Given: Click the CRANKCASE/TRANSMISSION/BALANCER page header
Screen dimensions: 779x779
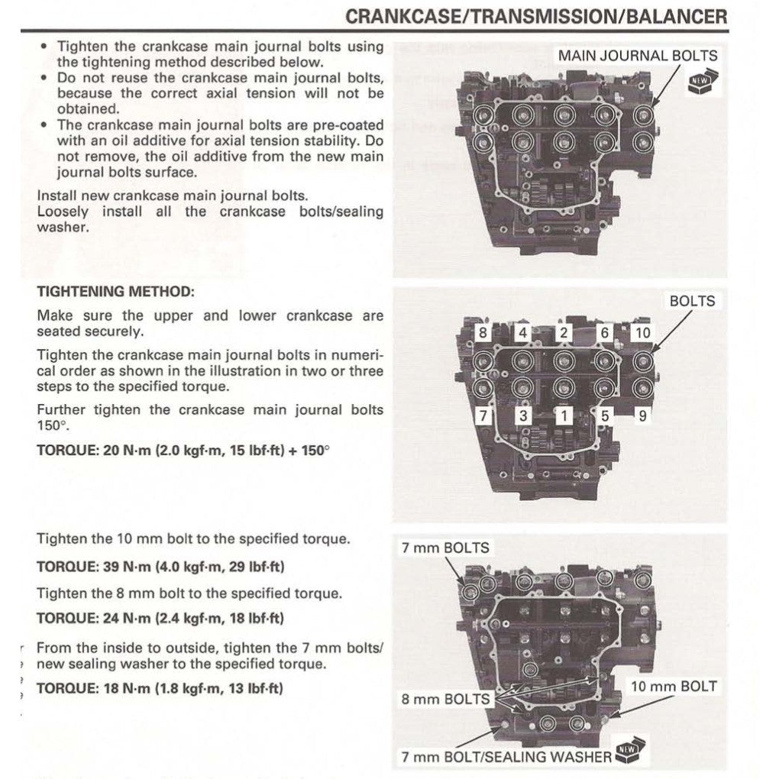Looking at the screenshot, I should click(x=536, y=16).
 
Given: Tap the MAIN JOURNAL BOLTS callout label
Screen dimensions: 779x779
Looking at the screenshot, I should click(x=637, y=56).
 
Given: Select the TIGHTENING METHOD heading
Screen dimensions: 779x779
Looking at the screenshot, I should click(x=116, y=292).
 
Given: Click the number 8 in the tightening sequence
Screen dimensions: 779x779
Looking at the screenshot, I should click(x=482, y=333).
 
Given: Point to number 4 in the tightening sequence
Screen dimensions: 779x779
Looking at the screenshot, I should click(x=522, y=333).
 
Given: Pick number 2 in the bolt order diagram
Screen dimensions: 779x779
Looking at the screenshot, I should click(x=564, y=333).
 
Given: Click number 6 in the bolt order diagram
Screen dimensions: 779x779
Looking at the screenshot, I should click(x=604, y=333).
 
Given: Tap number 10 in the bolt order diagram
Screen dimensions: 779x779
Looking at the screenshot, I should click(x=643, y=333).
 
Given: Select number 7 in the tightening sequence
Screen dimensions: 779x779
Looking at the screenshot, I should click(x=482, y=416).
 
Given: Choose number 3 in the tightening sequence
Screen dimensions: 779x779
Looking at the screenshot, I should click(x=523, y=416).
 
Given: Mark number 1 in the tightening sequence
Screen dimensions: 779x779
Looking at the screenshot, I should click(x=564, y=416).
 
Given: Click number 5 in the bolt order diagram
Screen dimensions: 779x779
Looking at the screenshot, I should click(x=604, y=416).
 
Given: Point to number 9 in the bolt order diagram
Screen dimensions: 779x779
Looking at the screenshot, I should click(x=644, y=416).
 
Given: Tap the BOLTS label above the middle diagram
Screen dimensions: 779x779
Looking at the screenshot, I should click(x=692, y=301).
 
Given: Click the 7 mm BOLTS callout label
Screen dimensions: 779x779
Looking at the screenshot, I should click(x=445, y=548).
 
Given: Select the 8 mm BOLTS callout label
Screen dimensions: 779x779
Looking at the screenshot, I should click(x=446, y=700).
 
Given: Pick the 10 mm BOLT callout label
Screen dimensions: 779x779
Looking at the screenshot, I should click(x=674, y=687).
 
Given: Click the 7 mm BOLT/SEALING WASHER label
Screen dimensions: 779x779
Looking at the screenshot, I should click(x=506, y=757).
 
